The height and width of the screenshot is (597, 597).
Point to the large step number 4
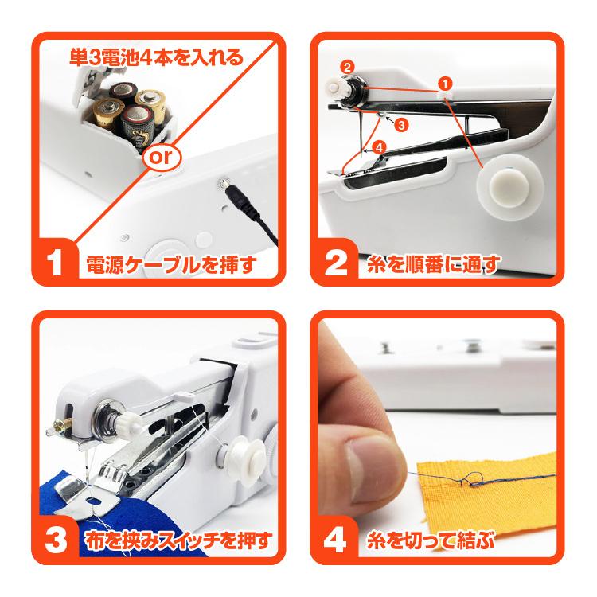tap(334, 540)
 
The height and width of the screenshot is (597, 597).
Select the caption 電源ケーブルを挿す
tap(171, 264)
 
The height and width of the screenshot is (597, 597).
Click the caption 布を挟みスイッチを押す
tap(178, 541)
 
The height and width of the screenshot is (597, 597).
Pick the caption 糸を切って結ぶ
tap(430, 541)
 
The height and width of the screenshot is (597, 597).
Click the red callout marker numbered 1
tap(445, 81)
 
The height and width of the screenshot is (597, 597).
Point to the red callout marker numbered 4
tap(379, 147)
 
